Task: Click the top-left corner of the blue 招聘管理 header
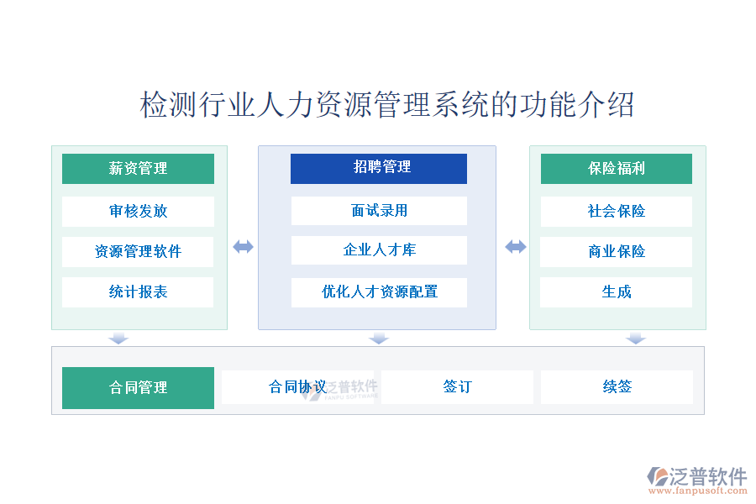tap(291, 154)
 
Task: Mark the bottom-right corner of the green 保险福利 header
tap(692, 184)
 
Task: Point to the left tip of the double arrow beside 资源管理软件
tap(234, 247)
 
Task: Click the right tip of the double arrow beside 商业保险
tap(526, 247)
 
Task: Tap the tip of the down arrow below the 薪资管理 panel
tap(118, 344)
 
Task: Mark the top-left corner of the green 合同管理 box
tap(62, 367)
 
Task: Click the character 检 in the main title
tap(154, 105)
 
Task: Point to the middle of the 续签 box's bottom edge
tap(617, 404)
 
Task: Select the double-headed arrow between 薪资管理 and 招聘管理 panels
tap(243, 247)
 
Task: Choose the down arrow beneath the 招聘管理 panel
tap(379, 338)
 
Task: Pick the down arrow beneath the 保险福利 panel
tap(636, 338)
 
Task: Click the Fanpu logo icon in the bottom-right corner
tap(658, 476)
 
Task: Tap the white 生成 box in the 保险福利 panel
tap(617, 291)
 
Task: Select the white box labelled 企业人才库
tap(379, 249)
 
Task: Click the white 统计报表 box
tap(138, 291)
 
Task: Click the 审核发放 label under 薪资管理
tap(139, 211)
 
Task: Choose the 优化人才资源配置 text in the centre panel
tap(380, 291)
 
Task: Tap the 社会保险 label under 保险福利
tap(617, 211)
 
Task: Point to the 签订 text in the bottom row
tap(458, 386)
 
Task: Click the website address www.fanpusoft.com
tap(698, 491)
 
